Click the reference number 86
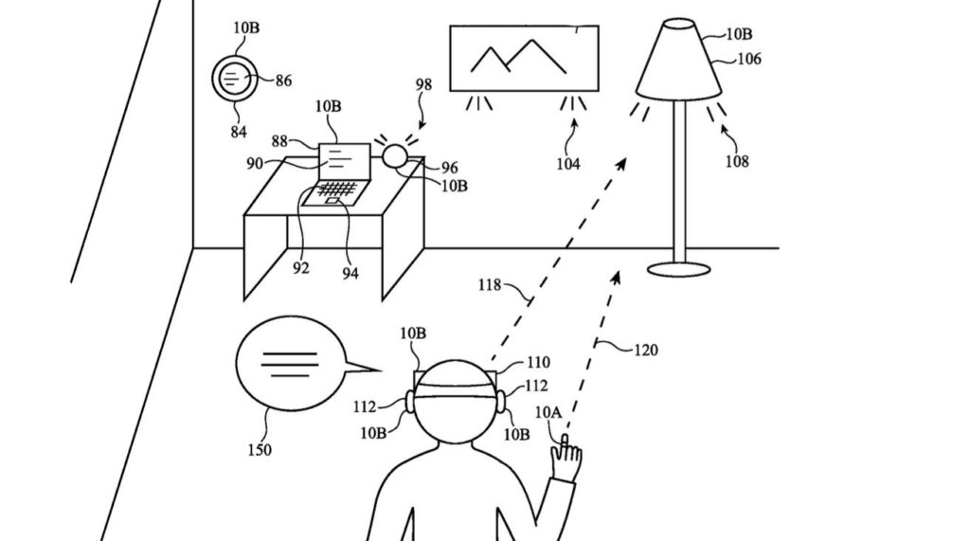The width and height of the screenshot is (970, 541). tap(283, 81)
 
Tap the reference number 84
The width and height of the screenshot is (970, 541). tap(239, 132)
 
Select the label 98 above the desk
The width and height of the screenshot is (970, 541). tap(423, 85)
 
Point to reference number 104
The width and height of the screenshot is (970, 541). tap(568, 165)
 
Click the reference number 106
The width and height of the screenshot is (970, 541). tap(748, 59)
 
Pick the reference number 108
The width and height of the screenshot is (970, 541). tap(736, 161)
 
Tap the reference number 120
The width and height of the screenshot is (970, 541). tap(645, 350)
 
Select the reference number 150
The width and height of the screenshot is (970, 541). tap(259, 450)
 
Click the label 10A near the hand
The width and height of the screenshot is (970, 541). tap(548, 412)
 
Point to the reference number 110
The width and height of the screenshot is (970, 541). tap(537, 362)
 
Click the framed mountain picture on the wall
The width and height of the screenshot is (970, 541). tap(523, 58)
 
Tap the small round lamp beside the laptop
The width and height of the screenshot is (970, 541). tap(395, 154)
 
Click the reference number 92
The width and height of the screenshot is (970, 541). tap(300, 268)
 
